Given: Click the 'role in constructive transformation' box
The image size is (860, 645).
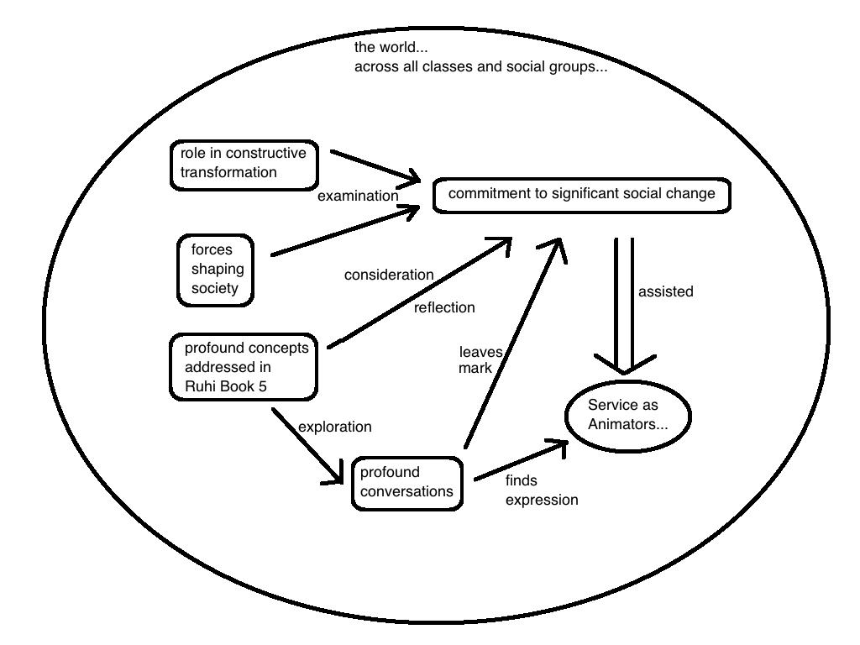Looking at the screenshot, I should [244, 164].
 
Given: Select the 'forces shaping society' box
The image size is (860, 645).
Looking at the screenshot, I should [215, 269].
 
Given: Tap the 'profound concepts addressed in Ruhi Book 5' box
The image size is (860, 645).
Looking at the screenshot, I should [244, 367].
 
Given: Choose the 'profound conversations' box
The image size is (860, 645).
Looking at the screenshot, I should [407, 482].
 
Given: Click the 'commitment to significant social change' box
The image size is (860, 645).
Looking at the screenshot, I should [581, 194].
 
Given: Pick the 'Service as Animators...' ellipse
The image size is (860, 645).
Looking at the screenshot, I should [627, 415].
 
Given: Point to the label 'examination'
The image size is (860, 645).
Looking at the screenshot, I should [358, 196].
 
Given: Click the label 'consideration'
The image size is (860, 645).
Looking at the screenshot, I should [389, 275].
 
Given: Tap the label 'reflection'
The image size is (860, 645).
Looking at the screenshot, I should [444, 307].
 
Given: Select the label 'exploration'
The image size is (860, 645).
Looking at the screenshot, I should [335, 427].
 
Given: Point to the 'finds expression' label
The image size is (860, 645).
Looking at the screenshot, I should [541, 490].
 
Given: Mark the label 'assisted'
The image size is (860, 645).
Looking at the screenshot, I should [665, 291].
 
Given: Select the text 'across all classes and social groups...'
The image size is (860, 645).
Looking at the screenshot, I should [480, 66].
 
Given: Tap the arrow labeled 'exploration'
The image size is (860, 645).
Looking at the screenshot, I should [307, 445].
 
